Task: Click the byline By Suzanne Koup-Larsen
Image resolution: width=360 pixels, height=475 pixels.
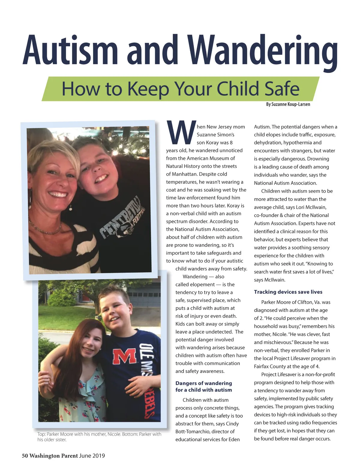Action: click(288, 104)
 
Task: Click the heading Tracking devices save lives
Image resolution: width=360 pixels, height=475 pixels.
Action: click(288, 292)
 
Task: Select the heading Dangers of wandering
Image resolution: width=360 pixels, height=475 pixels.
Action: click(204, 383)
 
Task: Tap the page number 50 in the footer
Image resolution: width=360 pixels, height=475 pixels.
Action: click(25, 456)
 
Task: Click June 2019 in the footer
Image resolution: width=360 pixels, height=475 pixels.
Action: click(92, 456)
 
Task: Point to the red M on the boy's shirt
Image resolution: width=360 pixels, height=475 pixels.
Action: click(124, 356)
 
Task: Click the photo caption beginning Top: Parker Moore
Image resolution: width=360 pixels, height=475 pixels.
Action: click(99, 437)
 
